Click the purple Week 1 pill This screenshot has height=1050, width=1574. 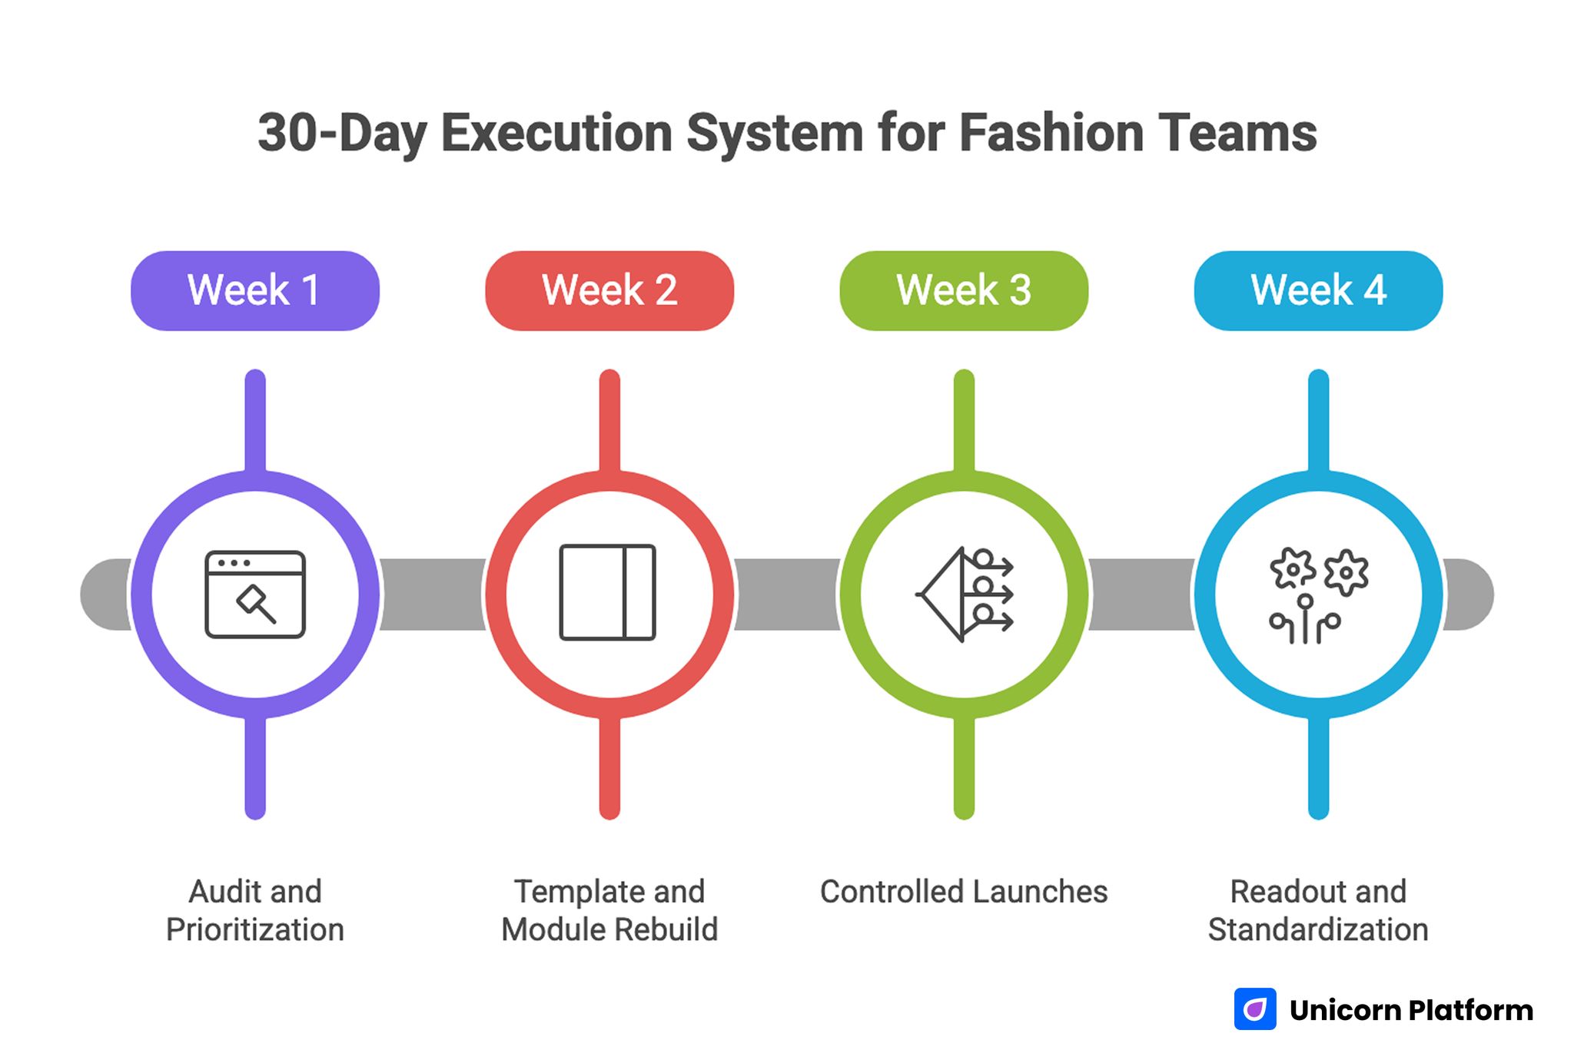tap(254, 290)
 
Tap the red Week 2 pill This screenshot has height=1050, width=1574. tap(609, 290)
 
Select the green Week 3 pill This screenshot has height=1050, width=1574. tap(963, 290)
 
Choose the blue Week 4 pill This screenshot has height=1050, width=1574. tap(1317, 290)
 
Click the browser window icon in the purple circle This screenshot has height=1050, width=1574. tap(254, 594)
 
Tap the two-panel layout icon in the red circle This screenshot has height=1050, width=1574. tap(607, 592)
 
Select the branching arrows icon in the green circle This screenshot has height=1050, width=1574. tap(965, 594)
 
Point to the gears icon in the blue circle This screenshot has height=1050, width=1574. tap(1317, 594)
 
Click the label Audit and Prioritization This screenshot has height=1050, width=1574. tap(254, 910)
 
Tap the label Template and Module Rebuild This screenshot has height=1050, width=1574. tap(609, 910)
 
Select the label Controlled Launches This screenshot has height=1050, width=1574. tap(963, 892)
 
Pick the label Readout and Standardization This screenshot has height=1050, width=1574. tap(1317, 910)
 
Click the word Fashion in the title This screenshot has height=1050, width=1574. tap(1051, 133)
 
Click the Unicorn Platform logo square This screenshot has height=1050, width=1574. tap(1254, 1009)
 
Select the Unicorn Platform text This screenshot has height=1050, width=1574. tap(1410, 1010)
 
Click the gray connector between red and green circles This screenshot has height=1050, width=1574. tap(786, 594)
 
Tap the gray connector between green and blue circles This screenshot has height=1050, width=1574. tap(1141, 594)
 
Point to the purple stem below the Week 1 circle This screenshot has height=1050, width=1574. tap(254, 768)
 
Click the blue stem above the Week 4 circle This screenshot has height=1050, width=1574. tap(1317, 419)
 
